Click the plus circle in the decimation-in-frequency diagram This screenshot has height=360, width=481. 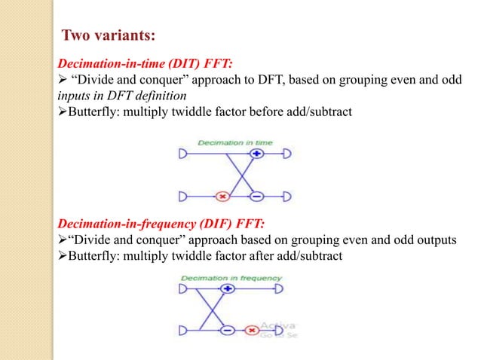pos(224,288)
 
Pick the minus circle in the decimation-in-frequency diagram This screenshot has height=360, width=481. pos(225,330)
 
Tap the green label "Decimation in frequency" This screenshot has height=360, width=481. pos(230,277)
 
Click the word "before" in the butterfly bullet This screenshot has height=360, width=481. pos(276,112)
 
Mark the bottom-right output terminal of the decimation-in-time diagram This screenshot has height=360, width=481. pos(286,197)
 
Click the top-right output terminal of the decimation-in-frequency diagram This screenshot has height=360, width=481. pos(286,288)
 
